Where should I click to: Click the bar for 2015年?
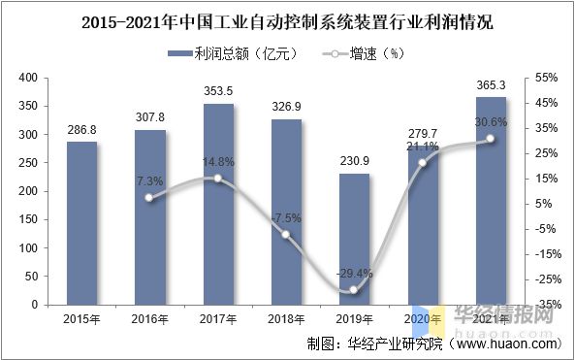point(81,223)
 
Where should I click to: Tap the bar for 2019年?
point(354,239)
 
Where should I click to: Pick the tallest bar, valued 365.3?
point(491,201)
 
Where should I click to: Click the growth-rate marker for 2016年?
point(149,198)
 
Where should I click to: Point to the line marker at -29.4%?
point(354,290)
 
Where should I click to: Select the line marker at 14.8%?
point(218,179)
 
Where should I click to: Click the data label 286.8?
point(81,128)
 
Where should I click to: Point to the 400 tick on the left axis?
point(27,77)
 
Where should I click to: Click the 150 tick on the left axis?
point(27,219)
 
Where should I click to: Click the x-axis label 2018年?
point(286,318)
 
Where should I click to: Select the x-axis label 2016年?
point(149,318)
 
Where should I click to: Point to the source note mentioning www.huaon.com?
point(432,344)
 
